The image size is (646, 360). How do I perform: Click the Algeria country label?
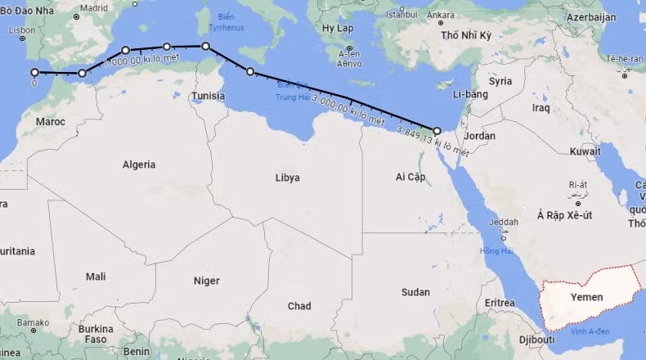coord(138,164)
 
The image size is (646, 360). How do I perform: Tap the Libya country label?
coord(287,178)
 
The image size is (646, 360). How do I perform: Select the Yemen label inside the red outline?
coord(586,297)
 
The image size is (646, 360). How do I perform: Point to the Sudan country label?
coord(415,292)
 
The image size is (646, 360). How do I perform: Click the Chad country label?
coord(299,306)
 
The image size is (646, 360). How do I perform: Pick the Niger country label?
coord(206,281)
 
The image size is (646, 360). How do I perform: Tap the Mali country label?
coord(96,277)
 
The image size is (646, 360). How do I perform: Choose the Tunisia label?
coord(208,96)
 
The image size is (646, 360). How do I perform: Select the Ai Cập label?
coord(410,177)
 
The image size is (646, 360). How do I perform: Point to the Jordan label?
coord(479,135)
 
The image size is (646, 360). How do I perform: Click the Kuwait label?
coord(585,151)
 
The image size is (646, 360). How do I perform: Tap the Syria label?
coord(500,81)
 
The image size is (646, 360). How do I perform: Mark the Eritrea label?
coord(500,303)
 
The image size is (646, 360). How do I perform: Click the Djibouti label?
coord(537,339)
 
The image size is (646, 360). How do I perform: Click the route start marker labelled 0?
coord(34,72)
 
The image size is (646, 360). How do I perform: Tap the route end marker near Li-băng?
coord(437,130)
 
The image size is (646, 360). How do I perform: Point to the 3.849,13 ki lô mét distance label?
coord(432,141)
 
